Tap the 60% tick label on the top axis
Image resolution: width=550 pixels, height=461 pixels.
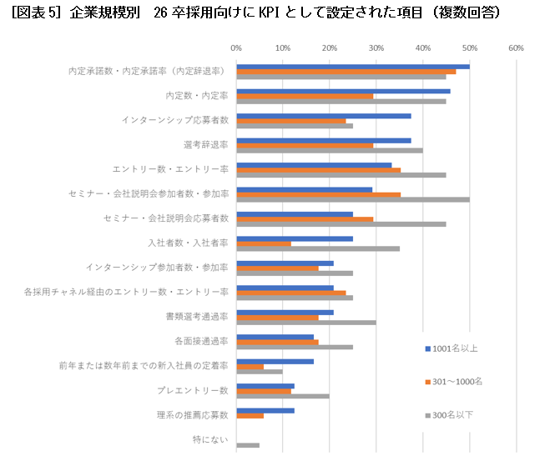tap(516, 48)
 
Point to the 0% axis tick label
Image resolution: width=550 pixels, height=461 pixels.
tap(236, 48)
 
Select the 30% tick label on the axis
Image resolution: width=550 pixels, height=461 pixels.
tap(376, 48)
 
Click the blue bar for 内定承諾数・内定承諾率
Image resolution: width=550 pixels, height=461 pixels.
tap(352, 66)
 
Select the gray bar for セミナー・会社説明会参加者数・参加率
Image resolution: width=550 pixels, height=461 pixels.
tap(352, 200)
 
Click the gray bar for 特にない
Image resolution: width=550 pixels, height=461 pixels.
tap(248, 445)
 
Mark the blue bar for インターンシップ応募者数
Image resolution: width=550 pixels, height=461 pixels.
tap(324, 116)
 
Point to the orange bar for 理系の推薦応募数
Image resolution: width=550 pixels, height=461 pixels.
tap(250, 415)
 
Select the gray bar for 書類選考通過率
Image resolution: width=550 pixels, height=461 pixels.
tap(306, 323)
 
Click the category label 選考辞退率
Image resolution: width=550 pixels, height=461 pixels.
tap(205, 145)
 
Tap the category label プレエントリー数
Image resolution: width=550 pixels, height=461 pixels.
tap(193, 390)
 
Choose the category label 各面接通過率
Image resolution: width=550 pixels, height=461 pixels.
tap(201, 341)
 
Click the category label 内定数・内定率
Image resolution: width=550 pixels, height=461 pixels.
tap(197, 96)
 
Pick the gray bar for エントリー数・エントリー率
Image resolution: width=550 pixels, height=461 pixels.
tap(341, 175)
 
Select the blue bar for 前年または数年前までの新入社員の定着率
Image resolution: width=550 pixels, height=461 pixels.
tap(275, 361)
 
